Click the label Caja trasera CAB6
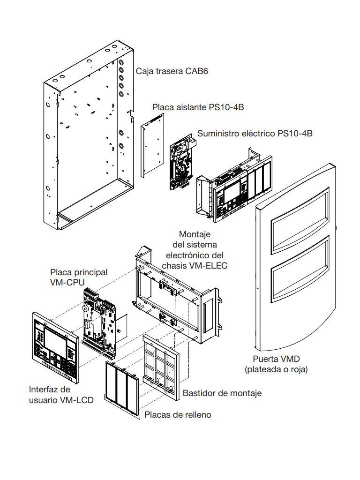click(x=172, y=71)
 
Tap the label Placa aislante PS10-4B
click(x=198, y=107)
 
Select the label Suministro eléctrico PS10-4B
click(x=255, y=134)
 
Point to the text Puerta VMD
click(x=276, y=359)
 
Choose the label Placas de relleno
click(x=178, y=414)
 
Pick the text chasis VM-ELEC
click(x=195, y=266)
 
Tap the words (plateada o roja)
click(x=276, y=369)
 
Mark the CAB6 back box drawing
click(x=87, y=141)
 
